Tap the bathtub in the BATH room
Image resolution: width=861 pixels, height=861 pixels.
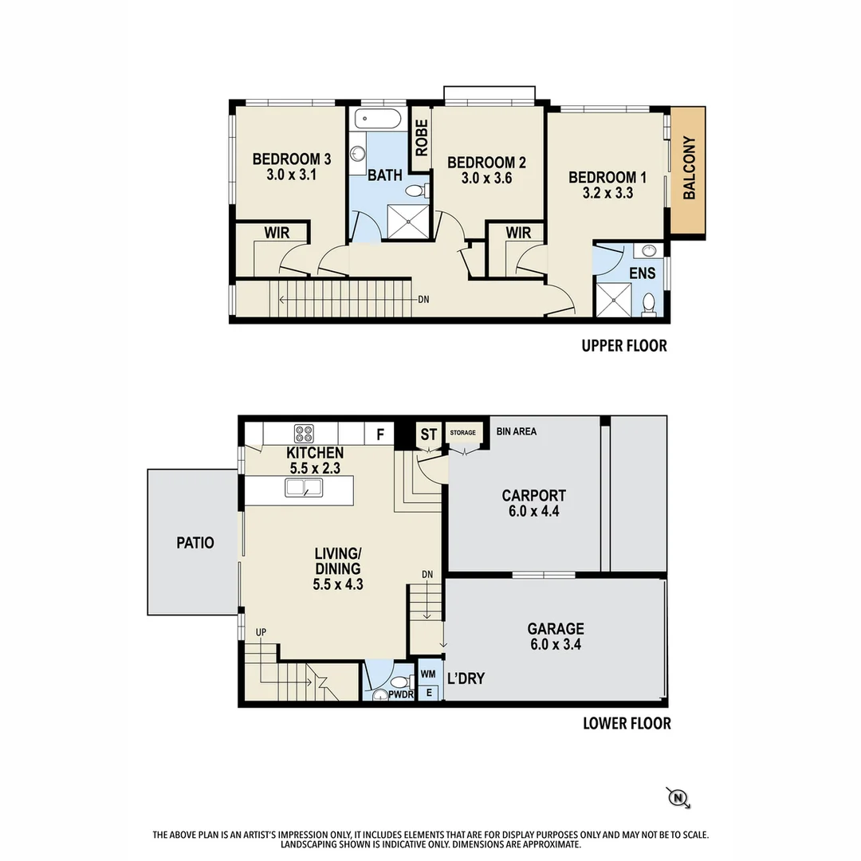click(377, 121)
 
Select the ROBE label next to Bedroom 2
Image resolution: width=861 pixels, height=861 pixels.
click(421, 138)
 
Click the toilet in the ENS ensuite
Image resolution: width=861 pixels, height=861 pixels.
click(650, 304)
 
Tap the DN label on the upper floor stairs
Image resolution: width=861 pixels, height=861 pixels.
click(423, 301)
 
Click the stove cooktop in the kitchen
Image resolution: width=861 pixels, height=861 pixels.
click(304, 434)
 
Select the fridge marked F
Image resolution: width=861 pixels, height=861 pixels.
click(380, 434)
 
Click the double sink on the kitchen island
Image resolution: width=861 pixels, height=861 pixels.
click(303, 488)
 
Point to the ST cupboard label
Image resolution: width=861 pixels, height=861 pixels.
click(429, 434)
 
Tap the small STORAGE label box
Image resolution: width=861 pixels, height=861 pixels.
click(462, 433)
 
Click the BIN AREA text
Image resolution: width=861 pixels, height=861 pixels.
click(516, 431)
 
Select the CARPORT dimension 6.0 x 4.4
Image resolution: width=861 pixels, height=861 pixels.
click(533, 511)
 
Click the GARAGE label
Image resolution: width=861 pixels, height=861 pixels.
click(555, 628)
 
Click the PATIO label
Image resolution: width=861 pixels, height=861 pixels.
click(195, 543)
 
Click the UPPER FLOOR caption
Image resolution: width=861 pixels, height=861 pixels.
click(623, 346)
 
